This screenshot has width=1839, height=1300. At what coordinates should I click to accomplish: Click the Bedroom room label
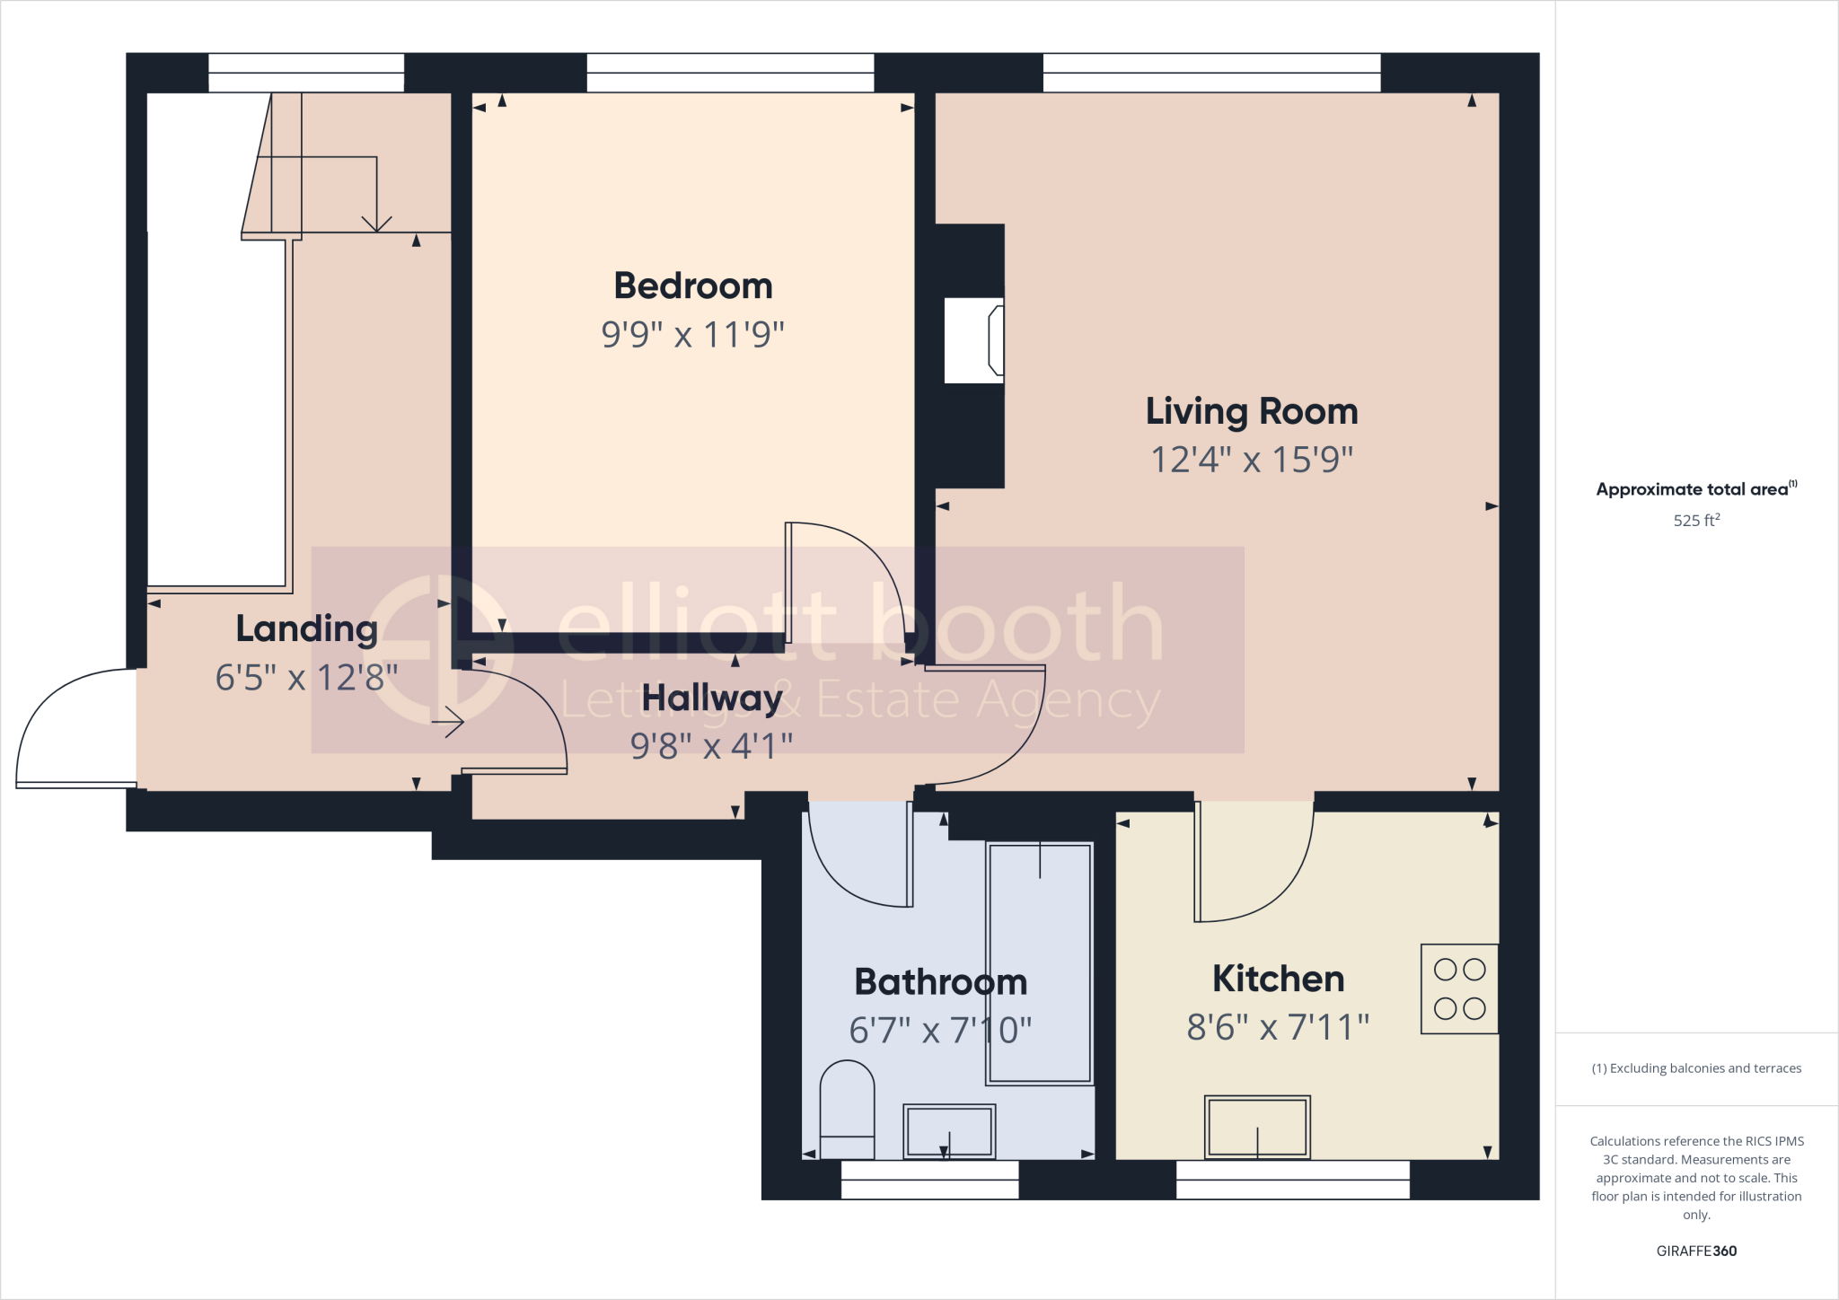pyautogui.click(x=692, y=286)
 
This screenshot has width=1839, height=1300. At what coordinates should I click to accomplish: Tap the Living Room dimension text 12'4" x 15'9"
pyautogui.click(x=1252, y=460)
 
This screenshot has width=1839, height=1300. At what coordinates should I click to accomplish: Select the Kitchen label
pyautogui.click(x=1278, y=979)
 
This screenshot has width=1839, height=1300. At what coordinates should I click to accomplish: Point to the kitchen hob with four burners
pyautogui.click(x=1459, y=988)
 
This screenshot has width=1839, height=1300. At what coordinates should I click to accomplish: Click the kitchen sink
pyautogui.click(x=1257, y=1127)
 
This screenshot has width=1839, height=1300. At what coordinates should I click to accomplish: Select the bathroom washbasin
pyautogui.click(x=949, y=1130)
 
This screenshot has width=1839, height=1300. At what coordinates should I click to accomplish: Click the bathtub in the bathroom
pyautogui.click(x=1040, y=962)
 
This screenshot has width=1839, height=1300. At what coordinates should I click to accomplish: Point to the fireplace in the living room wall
pyautogui.click(x=975, y=341)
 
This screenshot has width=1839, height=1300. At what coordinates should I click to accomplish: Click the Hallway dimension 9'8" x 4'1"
pyautogui.click(x=711, y=745)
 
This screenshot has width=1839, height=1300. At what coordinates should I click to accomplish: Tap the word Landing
pyautogui.click(x=306, y=628)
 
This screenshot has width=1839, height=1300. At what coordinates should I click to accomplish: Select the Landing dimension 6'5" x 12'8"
pyautogui.click(x=306, y=677)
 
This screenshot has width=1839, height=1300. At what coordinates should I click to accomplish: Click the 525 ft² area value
pyautogui.click(x=1696, y=520)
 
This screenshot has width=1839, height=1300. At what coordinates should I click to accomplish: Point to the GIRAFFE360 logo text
pyautogui.click(x=1696, y=1251)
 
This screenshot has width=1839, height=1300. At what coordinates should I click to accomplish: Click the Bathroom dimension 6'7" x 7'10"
pyautogui.click(x=940, y=1030)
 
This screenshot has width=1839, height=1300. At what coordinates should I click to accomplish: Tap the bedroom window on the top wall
pyautogui.click(x=730, y=73)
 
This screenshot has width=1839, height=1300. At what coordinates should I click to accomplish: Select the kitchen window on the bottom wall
pyautogui.click(x=1292, y=1180)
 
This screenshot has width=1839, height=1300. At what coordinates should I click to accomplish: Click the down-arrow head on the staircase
pyautogui.click(x=376, y=224)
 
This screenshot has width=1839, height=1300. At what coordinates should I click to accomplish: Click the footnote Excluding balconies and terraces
pyautogui.click(x=1696, y=1068)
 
